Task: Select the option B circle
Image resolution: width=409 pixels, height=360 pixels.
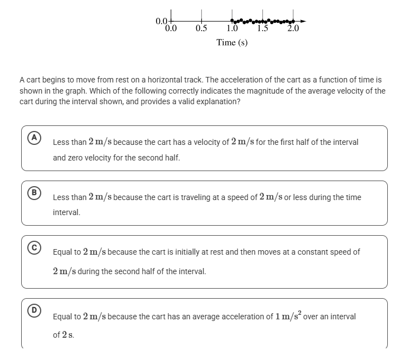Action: tap(34, 192)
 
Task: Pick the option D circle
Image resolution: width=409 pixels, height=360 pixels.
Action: tap(34, 310)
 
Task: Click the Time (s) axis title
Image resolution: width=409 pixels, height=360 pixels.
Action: tap(232, 43)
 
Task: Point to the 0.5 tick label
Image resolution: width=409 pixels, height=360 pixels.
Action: tap(202, 28)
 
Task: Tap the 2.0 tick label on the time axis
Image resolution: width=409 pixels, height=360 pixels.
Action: tap(293, 28)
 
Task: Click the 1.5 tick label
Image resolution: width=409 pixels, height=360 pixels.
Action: tap(263, 28)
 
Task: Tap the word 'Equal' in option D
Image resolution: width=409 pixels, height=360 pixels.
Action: tap(63, 317)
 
